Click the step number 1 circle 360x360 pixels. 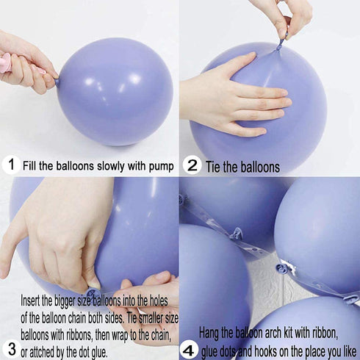point(11,165)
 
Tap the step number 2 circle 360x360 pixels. point(192,166)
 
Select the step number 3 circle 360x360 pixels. point(11,349)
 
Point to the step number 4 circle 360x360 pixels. point(189,350)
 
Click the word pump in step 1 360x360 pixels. point(161,167)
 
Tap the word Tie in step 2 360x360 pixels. point(213,167)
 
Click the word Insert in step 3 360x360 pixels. point(30,300)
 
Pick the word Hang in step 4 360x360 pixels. point(209,334)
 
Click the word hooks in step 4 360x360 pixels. point(265,352)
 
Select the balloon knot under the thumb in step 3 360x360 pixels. point(92,293)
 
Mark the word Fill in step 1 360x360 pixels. point(29,166)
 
